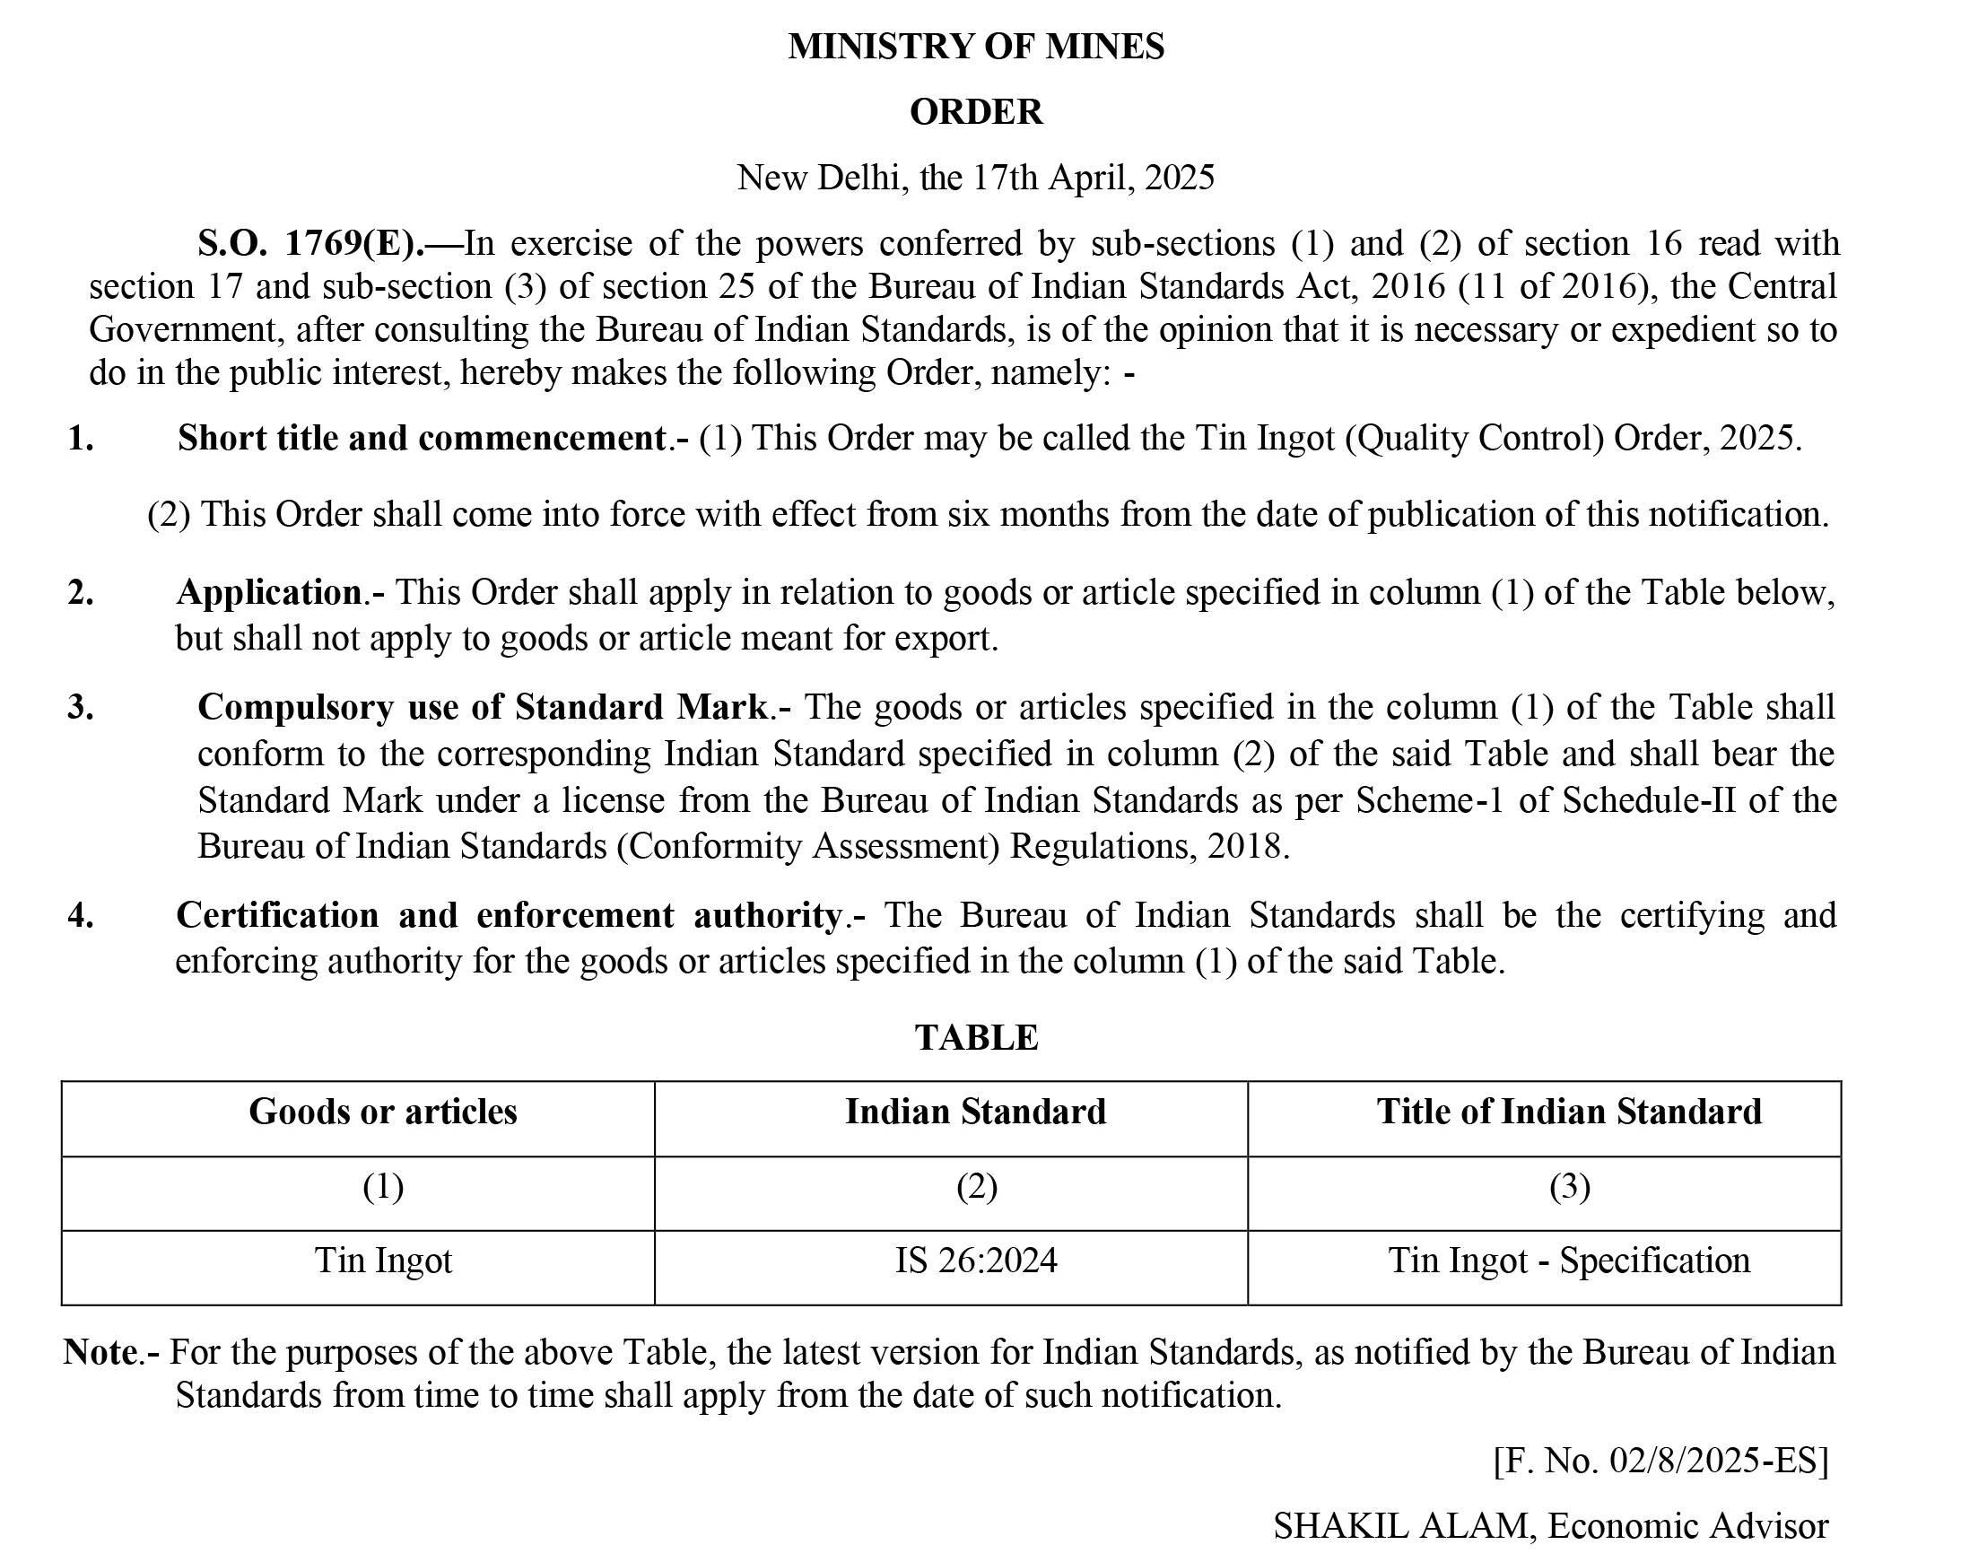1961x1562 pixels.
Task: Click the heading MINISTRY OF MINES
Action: click(975, 47)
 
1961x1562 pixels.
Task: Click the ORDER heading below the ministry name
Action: click(975, 112)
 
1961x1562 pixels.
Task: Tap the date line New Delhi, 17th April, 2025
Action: click(975, 178)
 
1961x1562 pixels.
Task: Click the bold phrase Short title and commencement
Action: click(422, 439)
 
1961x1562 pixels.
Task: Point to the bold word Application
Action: click(269, 593)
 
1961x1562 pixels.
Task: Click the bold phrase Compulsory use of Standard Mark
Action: click(483, 707)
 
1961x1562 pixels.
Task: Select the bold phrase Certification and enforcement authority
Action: click(509, 915)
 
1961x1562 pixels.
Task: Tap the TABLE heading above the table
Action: click(976, 1038)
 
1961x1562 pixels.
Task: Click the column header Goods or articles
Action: click(383, 1112)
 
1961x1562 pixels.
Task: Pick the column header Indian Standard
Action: click(975, 1112)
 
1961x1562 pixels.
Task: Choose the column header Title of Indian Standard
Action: click(1569, 1112)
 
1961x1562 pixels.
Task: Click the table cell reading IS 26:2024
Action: click(975, 1261)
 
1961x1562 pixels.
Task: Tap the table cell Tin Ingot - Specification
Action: click(1569, 1261)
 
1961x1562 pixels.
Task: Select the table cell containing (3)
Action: click(1569, 1186)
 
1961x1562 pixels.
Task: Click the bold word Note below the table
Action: click(100, 1353)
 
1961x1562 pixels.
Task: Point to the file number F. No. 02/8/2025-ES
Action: click(1660, 1461)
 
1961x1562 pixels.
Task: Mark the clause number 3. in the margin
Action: click(80, 707)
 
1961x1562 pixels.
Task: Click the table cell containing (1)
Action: click(383, 1186)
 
